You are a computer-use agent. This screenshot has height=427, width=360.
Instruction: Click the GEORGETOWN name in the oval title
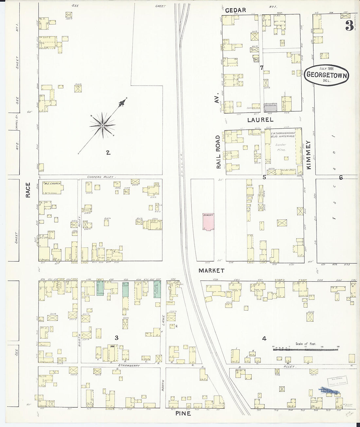coord(327,74)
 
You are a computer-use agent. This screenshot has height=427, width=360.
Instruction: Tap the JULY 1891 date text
coord(327,68)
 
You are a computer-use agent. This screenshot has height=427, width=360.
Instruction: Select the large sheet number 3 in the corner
coord(349,26)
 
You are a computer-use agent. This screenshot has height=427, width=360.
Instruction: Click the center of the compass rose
coord(102,125)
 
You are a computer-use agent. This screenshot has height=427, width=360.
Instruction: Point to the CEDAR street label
coord(235,10)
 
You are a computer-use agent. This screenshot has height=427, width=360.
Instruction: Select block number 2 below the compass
coord(108,152)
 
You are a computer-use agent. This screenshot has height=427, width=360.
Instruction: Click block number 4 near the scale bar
coord(264,339)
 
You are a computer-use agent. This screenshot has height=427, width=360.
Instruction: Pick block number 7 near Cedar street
coord(261,68)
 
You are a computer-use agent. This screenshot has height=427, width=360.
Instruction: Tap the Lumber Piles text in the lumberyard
coord(280,147)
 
